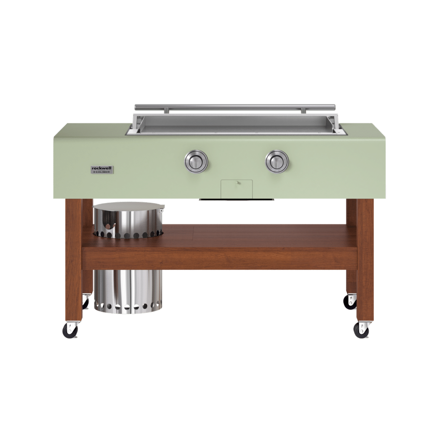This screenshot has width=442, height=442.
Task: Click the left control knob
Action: point(196,162)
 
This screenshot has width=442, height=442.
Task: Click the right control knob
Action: point(277,161)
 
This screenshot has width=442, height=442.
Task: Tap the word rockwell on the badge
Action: point(102,168)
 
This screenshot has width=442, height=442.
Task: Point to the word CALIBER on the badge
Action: point(103,172)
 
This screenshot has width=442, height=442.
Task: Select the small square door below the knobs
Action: point(237,189)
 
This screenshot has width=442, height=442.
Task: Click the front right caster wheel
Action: point(361,331)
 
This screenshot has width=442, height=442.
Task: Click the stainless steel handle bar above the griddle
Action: point(235,107)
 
